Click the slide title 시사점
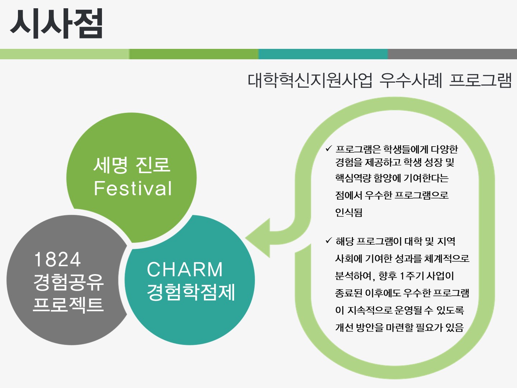pyautogui.click(x=56, y=23)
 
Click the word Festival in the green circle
pyautogui.click(x=133, y=189)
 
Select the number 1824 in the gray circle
pyautogui.click(x=57, y=259)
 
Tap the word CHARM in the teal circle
pyautogui.click(x=185, y=269)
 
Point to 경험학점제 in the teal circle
pyautogui.click(x=191, y=292)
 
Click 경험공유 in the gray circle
pyautogui.click(x=69, y=282)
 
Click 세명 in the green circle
pyautogui.click(x=111, y=165)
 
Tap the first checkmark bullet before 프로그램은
pyautogui.click(x=329, y=149)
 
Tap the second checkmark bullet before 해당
pyautogui.click(x=329, y=241)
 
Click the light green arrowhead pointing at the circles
pyautogui.click(x=258, y=238)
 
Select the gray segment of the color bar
pyautogui.click(x=452, y=54)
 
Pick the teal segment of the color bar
pyautogui.click(x=323, y=54)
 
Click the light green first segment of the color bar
pyautogui.click(x=65, y=54)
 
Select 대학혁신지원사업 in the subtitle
pyautogui.click(x=310, y=80)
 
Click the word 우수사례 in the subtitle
pyautogui.click(x=411, y=80)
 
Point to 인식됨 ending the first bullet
pyautogui.click(x=349, y=212)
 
